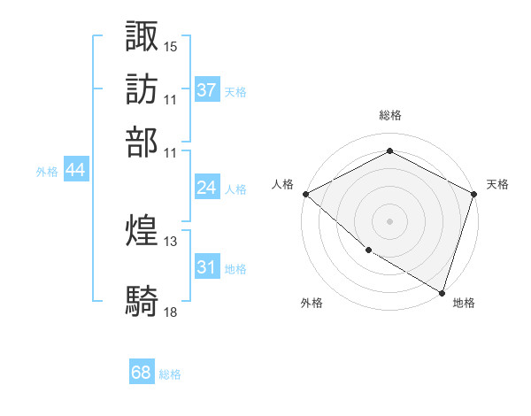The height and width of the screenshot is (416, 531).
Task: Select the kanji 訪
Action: click(x=142, y=89)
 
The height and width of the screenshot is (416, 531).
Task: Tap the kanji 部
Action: click(x=142, y=142)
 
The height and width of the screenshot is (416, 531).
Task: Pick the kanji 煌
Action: click(x=142, y=231)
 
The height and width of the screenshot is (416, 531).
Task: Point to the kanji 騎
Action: click(x=142, y=300)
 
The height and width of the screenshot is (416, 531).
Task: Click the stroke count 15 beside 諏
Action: click(x=171, y=45)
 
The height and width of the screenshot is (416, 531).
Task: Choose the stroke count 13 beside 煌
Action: click(x=171, y=241)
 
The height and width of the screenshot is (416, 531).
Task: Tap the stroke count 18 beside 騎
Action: click(x=171, y=311)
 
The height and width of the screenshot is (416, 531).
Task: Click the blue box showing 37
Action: click(x=206, y=90)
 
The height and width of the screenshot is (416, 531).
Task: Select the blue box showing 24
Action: click(x=206, y=188)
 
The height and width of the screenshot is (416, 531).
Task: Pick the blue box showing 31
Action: click(x=206, y=267)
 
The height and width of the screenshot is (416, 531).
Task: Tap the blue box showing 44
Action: click(x=75, y=171)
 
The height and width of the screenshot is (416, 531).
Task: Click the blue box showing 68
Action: click(x=142, y=373)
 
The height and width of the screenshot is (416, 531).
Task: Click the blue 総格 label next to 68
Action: click(x=170, y=374)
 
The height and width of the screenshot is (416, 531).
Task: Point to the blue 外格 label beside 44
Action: click(x=47, y=172)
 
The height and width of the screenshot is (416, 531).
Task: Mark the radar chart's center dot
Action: click(x=389, y=220)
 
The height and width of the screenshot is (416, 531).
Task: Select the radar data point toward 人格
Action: click(x=305, y=193)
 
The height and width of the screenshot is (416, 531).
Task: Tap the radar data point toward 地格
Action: click(x=442, y=292)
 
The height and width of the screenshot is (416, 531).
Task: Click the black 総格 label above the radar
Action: click(x=389, y=115)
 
